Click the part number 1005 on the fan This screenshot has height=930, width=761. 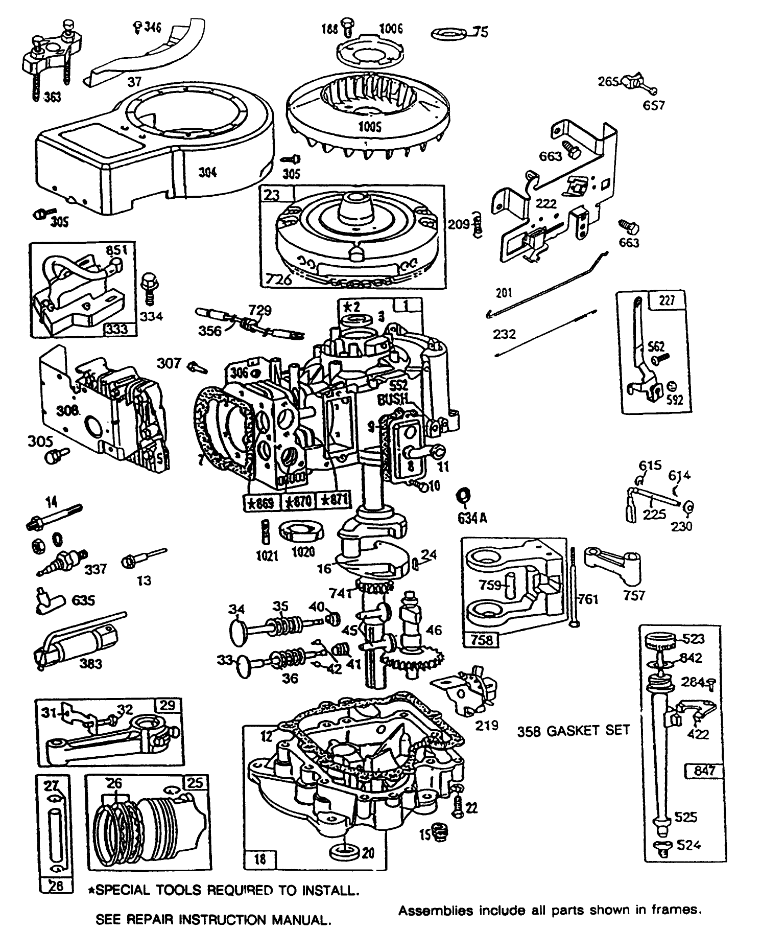369,126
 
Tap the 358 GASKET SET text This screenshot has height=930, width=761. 573,731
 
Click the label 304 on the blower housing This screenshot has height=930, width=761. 207,172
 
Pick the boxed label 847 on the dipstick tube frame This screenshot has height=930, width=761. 704,770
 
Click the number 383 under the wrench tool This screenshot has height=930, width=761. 90,664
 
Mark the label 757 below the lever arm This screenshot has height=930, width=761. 634,595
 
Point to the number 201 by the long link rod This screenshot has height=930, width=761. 504,293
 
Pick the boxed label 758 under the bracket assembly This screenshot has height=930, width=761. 481,639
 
